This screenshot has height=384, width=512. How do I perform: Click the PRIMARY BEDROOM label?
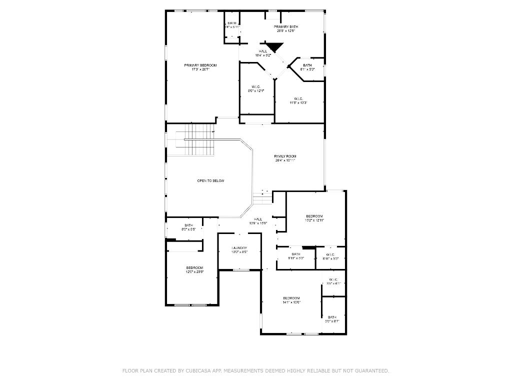tap(200, 65)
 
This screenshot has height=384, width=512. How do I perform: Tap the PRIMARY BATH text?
tap(285, 26)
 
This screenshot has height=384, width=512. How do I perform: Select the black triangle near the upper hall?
tap(274, 47)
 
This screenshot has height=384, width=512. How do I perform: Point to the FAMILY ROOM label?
tap(285, 156)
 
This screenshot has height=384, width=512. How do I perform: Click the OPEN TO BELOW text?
tap(210, 180)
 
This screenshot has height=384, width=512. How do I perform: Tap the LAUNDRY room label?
tap(239, 248)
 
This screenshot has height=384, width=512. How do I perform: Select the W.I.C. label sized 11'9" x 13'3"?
tap(298, 98)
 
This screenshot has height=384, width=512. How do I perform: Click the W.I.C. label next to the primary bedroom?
tap(255, 87)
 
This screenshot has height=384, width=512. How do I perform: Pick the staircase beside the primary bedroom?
tap(199, 140)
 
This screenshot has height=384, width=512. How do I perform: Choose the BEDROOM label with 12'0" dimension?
tap(194, 268)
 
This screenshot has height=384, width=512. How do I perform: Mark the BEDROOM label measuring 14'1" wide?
tap(291, 298)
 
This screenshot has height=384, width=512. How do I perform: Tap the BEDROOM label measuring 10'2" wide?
tap(315, 216)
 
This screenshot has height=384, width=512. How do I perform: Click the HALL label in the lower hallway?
tap(258, 219)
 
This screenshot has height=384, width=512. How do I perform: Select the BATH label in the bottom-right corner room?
tap(332, 317)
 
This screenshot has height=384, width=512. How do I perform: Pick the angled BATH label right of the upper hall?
tap(307, 65)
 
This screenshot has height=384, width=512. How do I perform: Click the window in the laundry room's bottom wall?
tap(240, 270)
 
